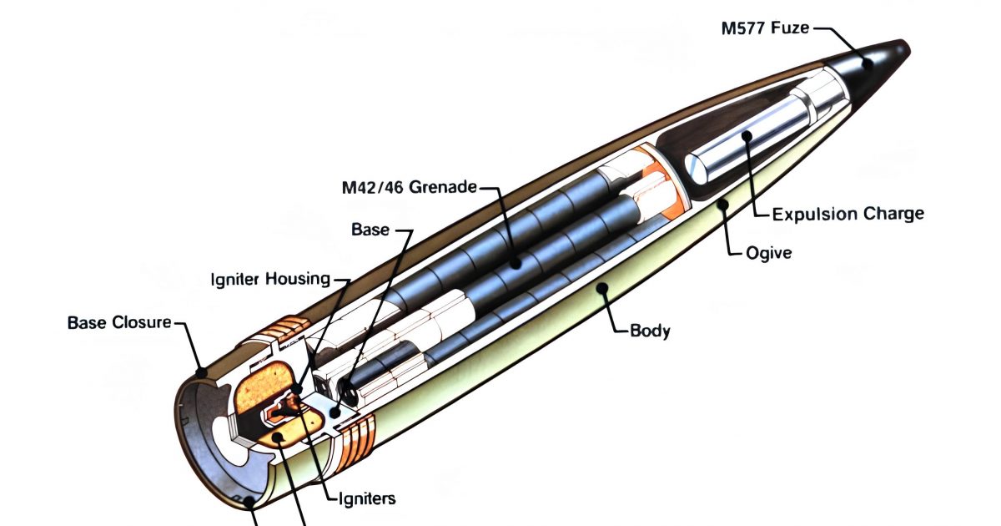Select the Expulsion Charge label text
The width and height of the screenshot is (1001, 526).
[848, 214]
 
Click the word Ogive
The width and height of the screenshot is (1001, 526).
[767, 251]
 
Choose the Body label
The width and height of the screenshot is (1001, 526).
[650, 331]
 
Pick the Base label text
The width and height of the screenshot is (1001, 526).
[370, 229]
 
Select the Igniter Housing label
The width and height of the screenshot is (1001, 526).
[269, 279]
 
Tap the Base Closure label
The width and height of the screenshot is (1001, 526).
[118, 322]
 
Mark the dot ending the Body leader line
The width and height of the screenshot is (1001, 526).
[600, 287]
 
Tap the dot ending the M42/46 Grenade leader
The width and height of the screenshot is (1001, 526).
[516, 262]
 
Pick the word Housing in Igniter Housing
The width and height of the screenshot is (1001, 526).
[299, 279]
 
